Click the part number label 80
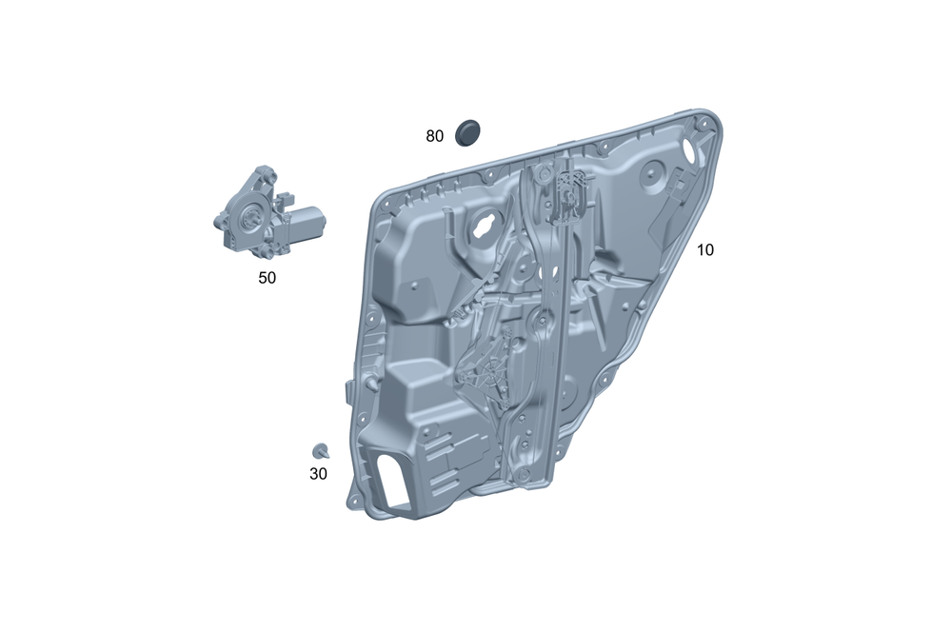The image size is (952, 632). [x=434, y=136]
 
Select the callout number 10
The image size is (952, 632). [x=704, y=249]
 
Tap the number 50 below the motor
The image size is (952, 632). [x=268, y=277]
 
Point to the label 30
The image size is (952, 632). [x=318, y=474]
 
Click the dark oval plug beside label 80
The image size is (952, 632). [x=467, y=133]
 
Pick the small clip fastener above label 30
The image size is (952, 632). [x=321, y=451]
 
